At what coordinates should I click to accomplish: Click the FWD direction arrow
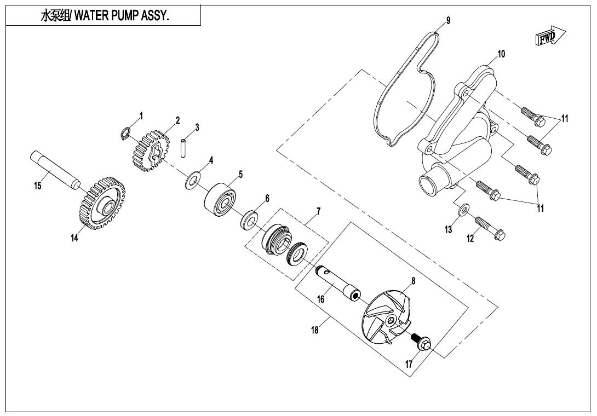click(549, 37)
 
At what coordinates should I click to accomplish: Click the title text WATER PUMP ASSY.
click(104, 16)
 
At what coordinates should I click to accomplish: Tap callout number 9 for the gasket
click(448, 21)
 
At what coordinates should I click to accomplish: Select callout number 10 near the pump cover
click(501, 54)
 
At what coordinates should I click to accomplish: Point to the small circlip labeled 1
click(125, 133)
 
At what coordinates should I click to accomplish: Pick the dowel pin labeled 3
click(184, 148)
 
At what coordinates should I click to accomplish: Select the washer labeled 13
click(463, 209)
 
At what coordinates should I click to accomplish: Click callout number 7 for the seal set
click(318, 211)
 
